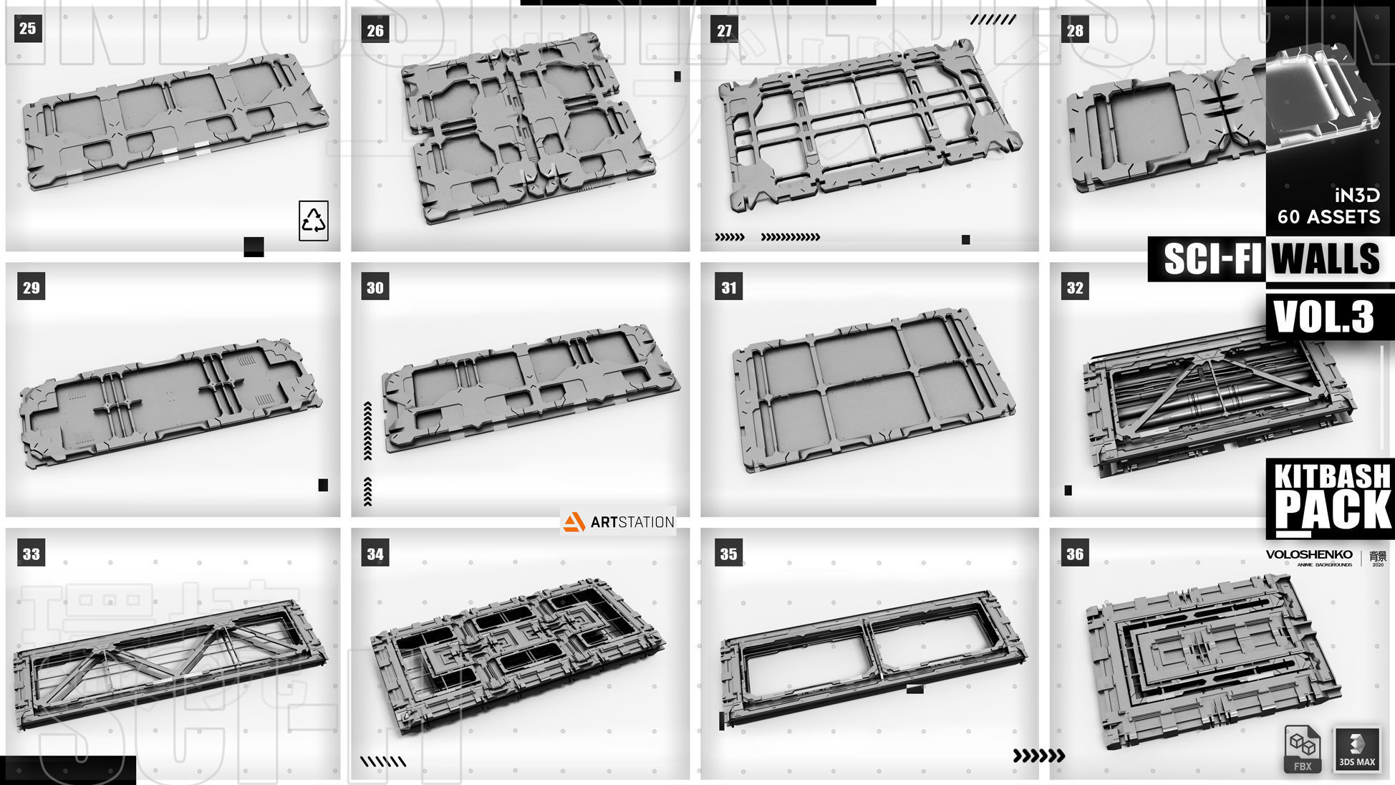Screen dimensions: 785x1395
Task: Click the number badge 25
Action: [27, 29]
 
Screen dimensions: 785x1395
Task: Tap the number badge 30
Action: [375, 287]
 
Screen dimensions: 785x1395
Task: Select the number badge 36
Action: [1074, 554]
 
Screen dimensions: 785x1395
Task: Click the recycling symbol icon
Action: [314, 221]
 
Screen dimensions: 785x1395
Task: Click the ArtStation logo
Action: [619, 522]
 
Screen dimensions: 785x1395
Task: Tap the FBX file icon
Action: [1302, 748]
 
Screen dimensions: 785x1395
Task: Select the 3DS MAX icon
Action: [1357, 748]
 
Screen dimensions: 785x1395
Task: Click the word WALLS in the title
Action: [1326, 259]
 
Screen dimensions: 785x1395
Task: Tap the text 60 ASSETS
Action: [1328, 217]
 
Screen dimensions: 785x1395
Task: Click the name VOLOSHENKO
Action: [1309, 554]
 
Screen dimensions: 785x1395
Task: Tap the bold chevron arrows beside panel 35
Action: [1038, 755]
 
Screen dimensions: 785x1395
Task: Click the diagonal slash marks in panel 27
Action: [993, 20]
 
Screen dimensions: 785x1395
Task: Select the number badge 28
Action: [1074, 30]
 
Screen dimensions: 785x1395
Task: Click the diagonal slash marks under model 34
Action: [382, 761]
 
